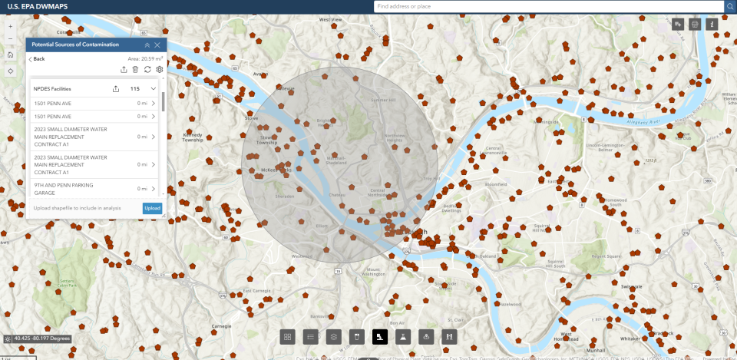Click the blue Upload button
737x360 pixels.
tap(152, 208)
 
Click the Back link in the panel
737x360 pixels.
tap(37, 58)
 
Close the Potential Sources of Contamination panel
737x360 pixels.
tap(157, 45)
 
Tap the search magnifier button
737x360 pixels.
tap(729, 6)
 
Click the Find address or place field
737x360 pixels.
tap(548, 6)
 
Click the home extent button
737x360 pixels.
tap(10, 54)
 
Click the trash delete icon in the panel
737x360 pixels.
tap(135, 70)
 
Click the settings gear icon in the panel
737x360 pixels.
tap(159, 70)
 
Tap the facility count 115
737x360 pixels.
tap(134, 88)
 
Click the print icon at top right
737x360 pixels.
tap(696, 25)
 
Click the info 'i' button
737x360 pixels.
tap(712, 25)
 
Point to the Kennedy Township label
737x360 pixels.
tap(193, 137)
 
